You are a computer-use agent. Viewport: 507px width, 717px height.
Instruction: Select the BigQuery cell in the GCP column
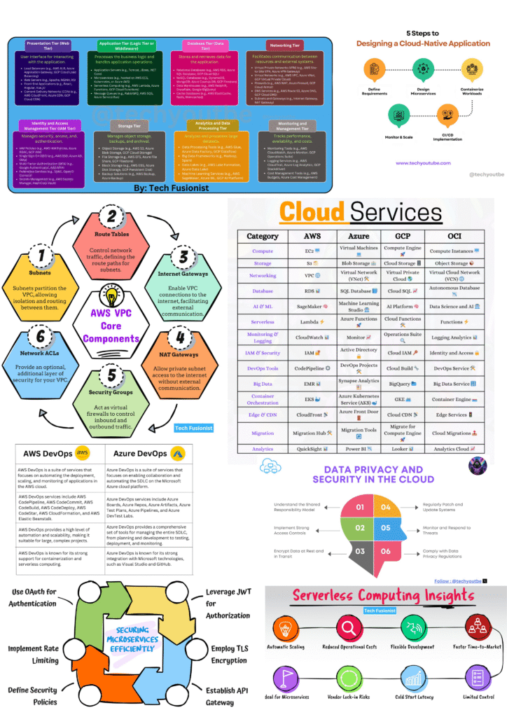pos(403,384)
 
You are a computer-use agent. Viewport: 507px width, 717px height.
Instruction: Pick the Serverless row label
pos(263,321)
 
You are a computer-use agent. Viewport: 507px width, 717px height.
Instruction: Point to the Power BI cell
pos(358,449)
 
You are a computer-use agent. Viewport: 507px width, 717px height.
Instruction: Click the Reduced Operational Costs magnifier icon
pos(348,625)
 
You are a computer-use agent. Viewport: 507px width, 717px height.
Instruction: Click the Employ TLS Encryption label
pos(229,654)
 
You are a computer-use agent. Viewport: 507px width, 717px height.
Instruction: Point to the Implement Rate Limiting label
pos(34,654)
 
